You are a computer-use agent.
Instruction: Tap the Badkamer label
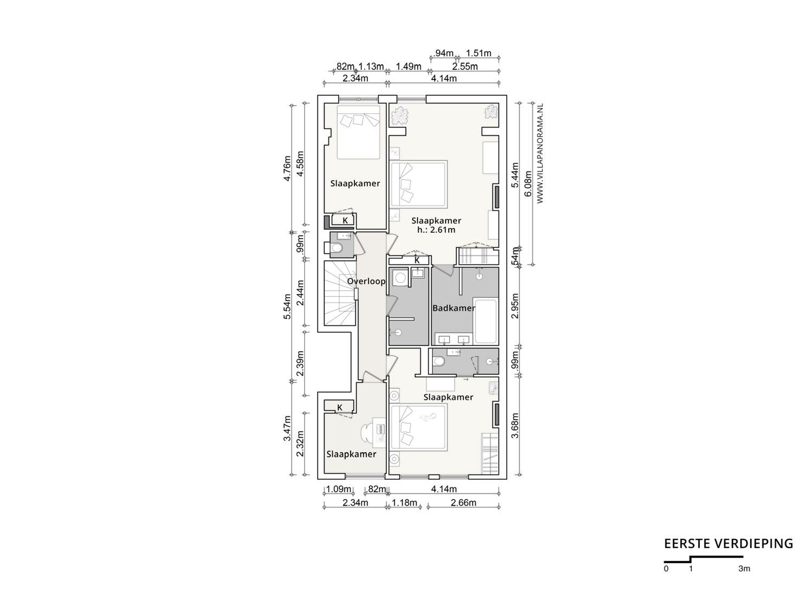454,308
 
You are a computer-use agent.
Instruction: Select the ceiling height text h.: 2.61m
436,230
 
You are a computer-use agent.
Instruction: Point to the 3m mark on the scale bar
744,569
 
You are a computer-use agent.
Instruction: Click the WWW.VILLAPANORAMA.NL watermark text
540,153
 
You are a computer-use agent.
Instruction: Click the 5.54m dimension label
287,306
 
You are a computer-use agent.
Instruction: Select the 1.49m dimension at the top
408,67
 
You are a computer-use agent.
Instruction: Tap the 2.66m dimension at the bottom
463,503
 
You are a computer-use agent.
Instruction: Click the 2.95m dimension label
514,306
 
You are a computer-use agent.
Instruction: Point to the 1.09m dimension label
338,489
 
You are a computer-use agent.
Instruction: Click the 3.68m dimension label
515,426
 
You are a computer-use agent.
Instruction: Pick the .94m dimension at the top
444,53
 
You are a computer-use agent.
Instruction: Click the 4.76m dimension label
287,168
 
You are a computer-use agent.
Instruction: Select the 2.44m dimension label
300,294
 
